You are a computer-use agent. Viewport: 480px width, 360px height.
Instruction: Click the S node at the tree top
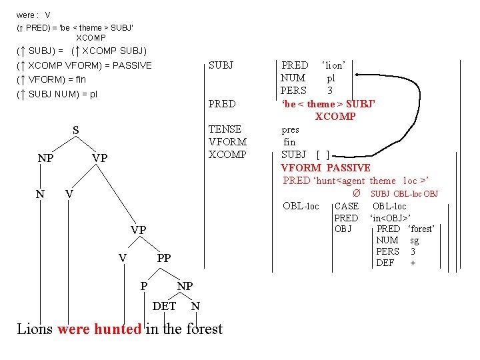75,131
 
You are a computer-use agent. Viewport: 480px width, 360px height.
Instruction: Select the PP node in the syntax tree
164,258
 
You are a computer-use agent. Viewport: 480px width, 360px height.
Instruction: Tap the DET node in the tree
165,306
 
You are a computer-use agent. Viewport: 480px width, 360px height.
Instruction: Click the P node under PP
144,286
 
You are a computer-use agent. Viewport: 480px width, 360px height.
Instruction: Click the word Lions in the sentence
35,329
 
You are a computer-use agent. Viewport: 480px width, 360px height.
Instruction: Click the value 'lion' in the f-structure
333,65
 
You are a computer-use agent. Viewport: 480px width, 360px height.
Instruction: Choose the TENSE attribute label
225,129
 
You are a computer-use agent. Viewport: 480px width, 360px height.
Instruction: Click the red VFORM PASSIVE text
325,167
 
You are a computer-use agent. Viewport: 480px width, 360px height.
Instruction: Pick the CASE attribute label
346,206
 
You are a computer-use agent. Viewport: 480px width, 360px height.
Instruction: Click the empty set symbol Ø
357,193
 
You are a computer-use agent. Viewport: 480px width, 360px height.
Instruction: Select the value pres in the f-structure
291,129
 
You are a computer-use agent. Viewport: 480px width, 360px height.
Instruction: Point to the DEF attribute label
385,263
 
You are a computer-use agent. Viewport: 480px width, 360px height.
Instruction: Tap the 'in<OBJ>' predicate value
390,218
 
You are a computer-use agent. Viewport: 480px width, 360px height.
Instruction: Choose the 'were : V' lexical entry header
33,15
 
